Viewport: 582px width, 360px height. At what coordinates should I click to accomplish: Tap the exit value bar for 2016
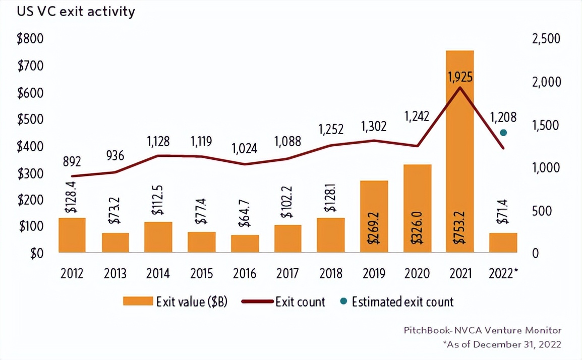point(245,244)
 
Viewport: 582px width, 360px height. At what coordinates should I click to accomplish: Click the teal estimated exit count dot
point(503,133)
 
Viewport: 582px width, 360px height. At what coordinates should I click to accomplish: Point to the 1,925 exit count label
point(460,78)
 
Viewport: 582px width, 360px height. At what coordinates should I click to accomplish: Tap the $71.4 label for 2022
point(503,214)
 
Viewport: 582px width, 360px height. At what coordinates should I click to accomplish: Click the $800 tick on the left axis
point(30,39)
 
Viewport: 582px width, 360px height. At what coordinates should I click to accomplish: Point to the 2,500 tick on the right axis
point(546,39)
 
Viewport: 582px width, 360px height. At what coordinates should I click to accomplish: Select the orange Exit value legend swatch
point(137,302)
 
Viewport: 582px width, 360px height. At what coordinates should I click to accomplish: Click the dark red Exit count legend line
point(258,302)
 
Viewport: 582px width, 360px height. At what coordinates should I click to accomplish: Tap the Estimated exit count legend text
point(402,302)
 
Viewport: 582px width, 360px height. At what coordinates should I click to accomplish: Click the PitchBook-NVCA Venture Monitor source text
point(482,330)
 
